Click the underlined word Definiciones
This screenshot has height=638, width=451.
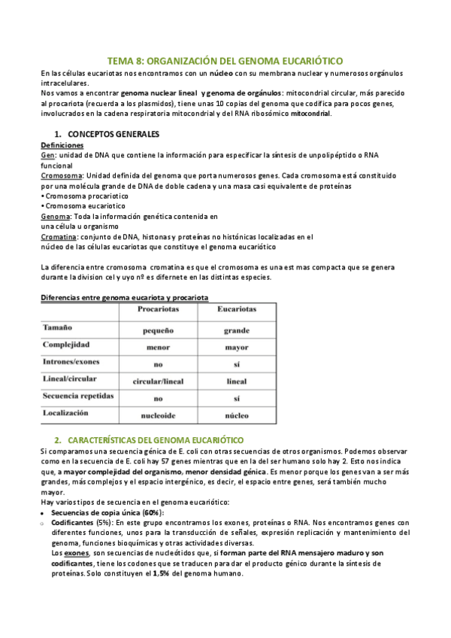(x=62, y=144)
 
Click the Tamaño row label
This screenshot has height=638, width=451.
(x=59, y=328)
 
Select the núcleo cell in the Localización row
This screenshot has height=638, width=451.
(x=236, y=415)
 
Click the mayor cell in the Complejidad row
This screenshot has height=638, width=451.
(x=236, y=347)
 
